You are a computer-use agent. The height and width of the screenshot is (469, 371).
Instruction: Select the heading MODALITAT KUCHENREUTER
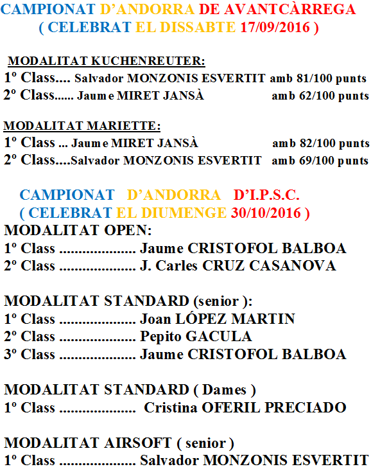click(107, 62)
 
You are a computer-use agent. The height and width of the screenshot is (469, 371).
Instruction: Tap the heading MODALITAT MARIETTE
click(82, 126)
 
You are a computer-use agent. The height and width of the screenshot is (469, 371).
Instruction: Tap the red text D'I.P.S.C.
click(267, 195)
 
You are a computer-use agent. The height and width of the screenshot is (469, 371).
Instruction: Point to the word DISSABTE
click(198, 28)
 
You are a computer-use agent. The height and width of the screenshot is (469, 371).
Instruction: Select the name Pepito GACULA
click(196, 337)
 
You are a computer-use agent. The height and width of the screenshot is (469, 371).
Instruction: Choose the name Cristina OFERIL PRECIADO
click(245, 407)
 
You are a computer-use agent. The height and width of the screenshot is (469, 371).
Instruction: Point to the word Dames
click(225, 390)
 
